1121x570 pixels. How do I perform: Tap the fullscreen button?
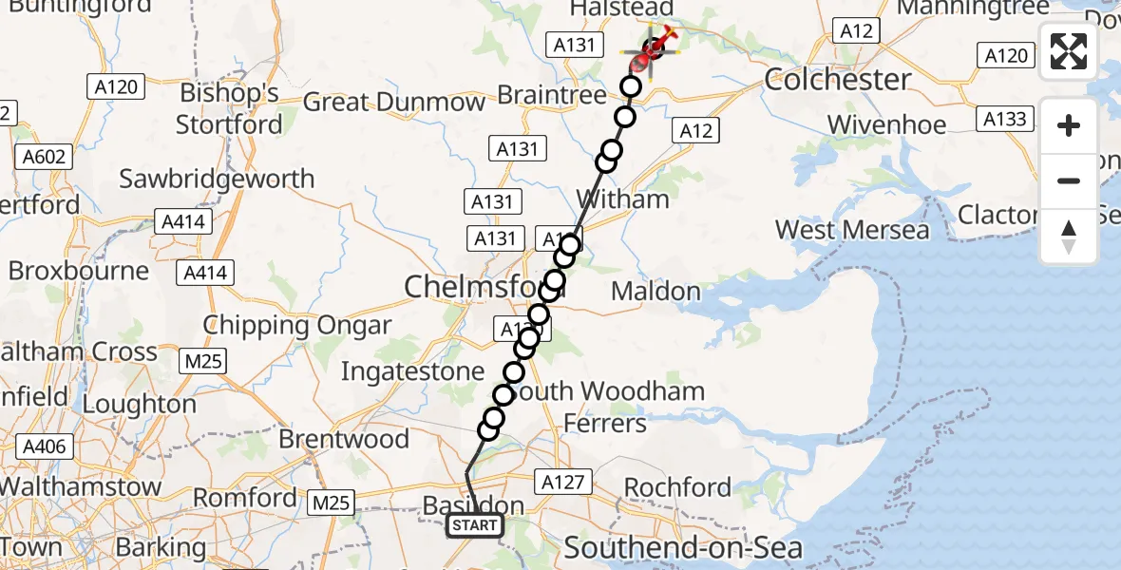pyautogui.click(x=1069, y=51)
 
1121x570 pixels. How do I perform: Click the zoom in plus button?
pyautogui.click(x=1069, y=125)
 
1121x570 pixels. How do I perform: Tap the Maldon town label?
pyautogui.click(x=655, y=291)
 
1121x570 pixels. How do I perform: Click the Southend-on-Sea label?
pyautogui.click(x=683, y=547)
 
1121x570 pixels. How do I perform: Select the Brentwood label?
pyautogui.click(x=344, y=440)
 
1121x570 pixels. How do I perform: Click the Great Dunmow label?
pyautogui.click(x=394, y=102)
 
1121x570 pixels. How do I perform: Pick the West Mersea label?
pyautogui.click(x=852, y=230)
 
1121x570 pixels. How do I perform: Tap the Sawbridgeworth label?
pyautogui.click(x=217, y=179)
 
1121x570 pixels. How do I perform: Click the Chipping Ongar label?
pyautogui.click(x=297, y=326)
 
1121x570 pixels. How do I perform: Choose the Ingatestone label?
pyautogui.click(x=412, y=371)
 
